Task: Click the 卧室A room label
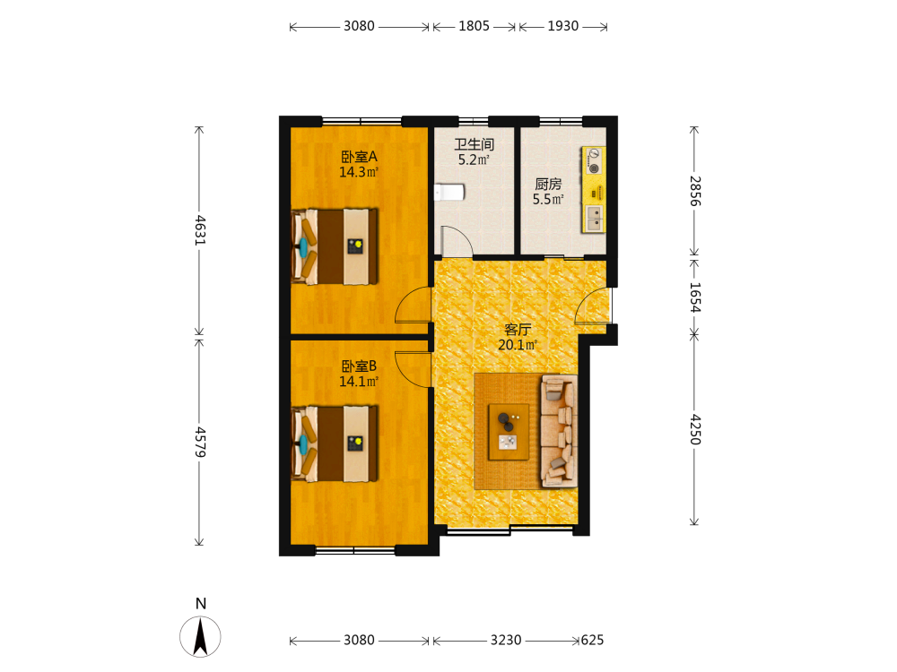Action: point(359,157)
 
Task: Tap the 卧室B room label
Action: point(359,366)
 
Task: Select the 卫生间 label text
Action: point(475,144)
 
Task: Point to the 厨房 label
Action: point(548,184)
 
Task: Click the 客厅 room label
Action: point(518,330)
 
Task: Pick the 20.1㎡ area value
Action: point(518,345)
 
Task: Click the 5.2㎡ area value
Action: point(475,160)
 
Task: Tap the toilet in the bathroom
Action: point(449,193)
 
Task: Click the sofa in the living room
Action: point(558,432)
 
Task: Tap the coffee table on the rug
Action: point(508,432)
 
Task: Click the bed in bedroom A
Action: point(335,246)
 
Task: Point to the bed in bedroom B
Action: point(335,444)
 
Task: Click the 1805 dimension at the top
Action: point(475,26)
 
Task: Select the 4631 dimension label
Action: point(200,230)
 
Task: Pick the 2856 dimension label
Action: point(694,191)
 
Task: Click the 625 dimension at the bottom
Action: point(592,641)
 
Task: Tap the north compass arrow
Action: point(200,637)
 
